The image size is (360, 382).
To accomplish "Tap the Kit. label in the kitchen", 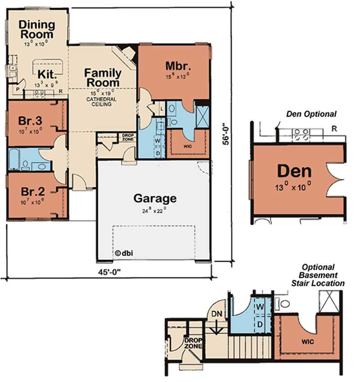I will (46, 74).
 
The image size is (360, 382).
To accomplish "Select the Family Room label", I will (103, 77).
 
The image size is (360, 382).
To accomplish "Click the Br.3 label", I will (30, 122).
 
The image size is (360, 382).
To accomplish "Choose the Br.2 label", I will (30, 190).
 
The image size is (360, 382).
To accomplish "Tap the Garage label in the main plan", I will (155, 198).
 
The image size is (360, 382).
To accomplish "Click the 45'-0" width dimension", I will (108, 273).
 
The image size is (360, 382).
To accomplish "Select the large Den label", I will (294, 171).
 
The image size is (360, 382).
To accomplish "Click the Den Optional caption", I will (311, 114).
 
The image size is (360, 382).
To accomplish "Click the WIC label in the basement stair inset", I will (308, 342).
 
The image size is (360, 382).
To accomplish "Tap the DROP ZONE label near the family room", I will (126, 137).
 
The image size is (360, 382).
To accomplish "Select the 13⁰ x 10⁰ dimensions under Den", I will (294, 186).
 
